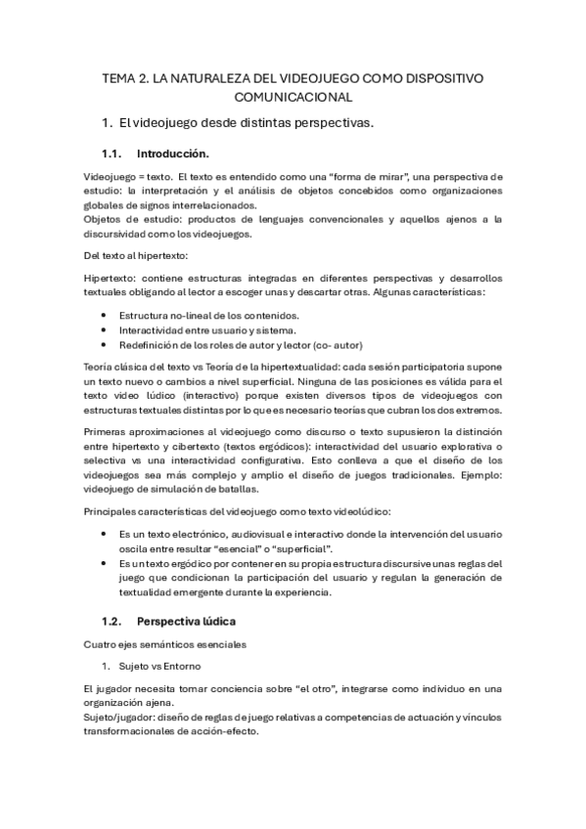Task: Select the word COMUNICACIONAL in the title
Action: point(293,97)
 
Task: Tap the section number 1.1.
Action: point(114,153)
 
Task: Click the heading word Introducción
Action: point(173,153)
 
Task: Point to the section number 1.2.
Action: point(114,621)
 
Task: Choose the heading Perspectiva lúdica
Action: point(187,621)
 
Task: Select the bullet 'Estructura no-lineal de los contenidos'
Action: point(208,316)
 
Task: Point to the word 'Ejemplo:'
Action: point(476,475)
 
